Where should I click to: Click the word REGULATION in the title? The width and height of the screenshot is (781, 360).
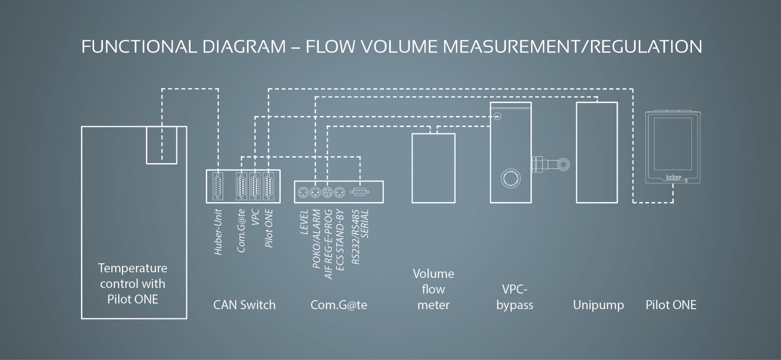click(x=648, y=47)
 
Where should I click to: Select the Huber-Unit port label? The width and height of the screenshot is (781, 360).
click(x=218, y=232)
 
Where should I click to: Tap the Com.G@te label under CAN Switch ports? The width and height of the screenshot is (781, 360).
click(x=241, y=230)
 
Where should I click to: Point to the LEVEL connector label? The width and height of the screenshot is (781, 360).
click(x=304, y=222)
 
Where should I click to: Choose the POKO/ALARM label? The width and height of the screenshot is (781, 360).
click(x=316, y=239)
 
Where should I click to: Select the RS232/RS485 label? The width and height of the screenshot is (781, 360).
click(x=355, y=237)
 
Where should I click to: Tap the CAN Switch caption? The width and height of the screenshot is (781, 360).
click(x=244, y=305)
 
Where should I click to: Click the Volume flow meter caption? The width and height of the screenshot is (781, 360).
click(x=433, y=289)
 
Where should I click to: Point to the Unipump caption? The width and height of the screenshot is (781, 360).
click(x=598, y=305)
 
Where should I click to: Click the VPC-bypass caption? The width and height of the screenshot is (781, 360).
click(x=514, y=297)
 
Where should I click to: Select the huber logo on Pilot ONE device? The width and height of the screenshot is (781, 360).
click(x=673, y=177)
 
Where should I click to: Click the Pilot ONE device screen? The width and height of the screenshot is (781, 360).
click(x=673, y=144)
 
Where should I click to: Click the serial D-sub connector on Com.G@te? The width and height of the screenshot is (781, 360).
click(x=358, y=193)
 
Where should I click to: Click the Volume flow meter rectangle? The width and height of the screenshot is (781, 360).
click(x=433, y=168)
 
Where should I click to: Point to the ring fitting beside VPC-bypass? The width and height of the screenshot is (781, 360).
click(x=563, y=165)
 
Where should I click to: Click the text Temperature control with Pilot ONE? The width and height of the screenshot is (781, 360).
click(x=133, y=284)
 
